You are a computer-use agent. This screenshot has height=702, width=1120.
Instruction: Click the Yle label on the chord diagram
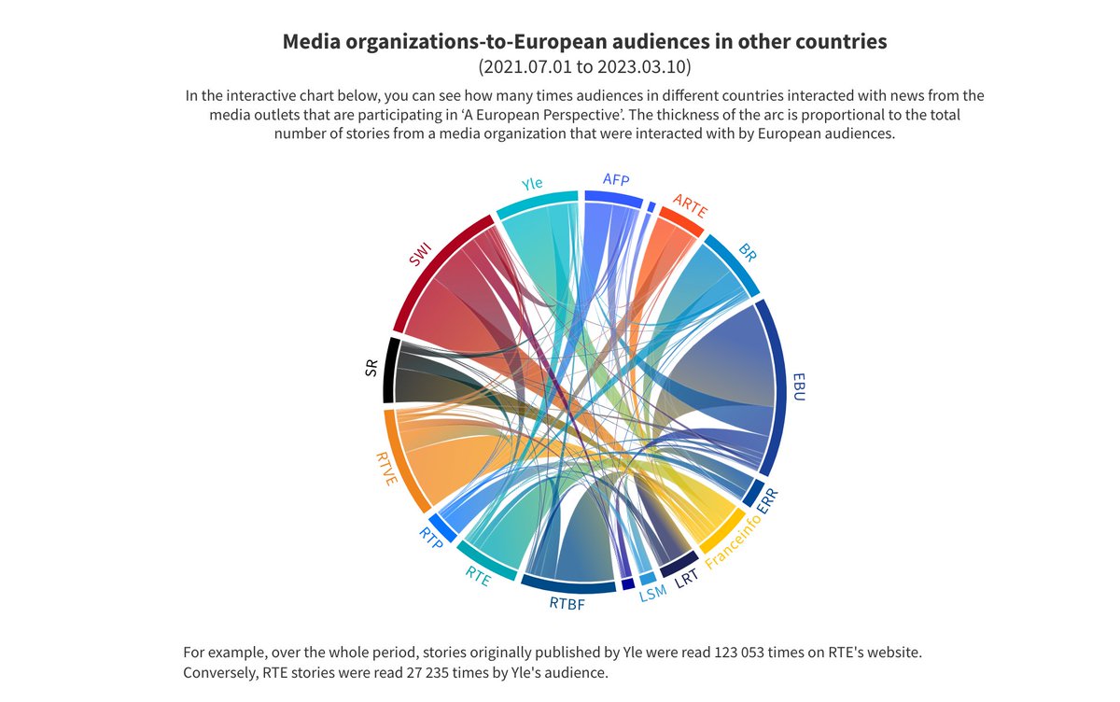coord(532,184)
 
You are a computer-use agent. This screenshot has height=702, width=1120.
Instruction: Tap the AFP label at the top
coord(616,179)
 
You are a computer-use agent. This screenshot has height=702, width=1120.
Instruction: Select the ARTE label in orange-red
coord(691,206)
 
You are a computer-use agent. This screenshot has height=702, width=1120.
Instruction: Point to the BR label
coord(748,252)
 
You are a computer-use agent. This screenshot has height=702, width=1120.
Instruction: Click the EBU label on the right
coord(799,387)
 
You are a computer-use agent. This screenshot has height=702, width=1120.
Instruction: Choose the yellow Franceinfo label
coord(734,541)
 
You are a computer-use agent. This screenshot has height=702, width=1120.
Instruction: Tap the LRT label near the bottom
coord(687,579)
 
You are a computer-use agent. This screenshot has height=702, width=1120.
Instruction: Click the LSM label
coord(652,593)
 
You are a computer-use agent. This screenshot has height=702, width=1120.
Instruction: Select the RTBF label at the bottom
coord(567,604)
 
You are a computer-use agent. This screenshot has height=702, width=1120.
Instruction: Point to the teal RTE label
coord(479,578)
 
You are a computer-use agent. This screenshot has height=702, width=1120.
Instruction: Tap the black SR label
coord(371,369)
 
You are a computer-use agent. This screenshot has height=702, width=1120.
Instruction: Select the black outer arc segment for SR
coord(390,369)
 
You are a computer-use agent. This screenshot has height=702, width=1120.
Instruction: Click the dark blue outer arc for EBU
coord(779,387)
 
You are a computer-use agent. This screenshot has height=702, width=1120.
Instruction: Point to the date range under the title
coord(584,67)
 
